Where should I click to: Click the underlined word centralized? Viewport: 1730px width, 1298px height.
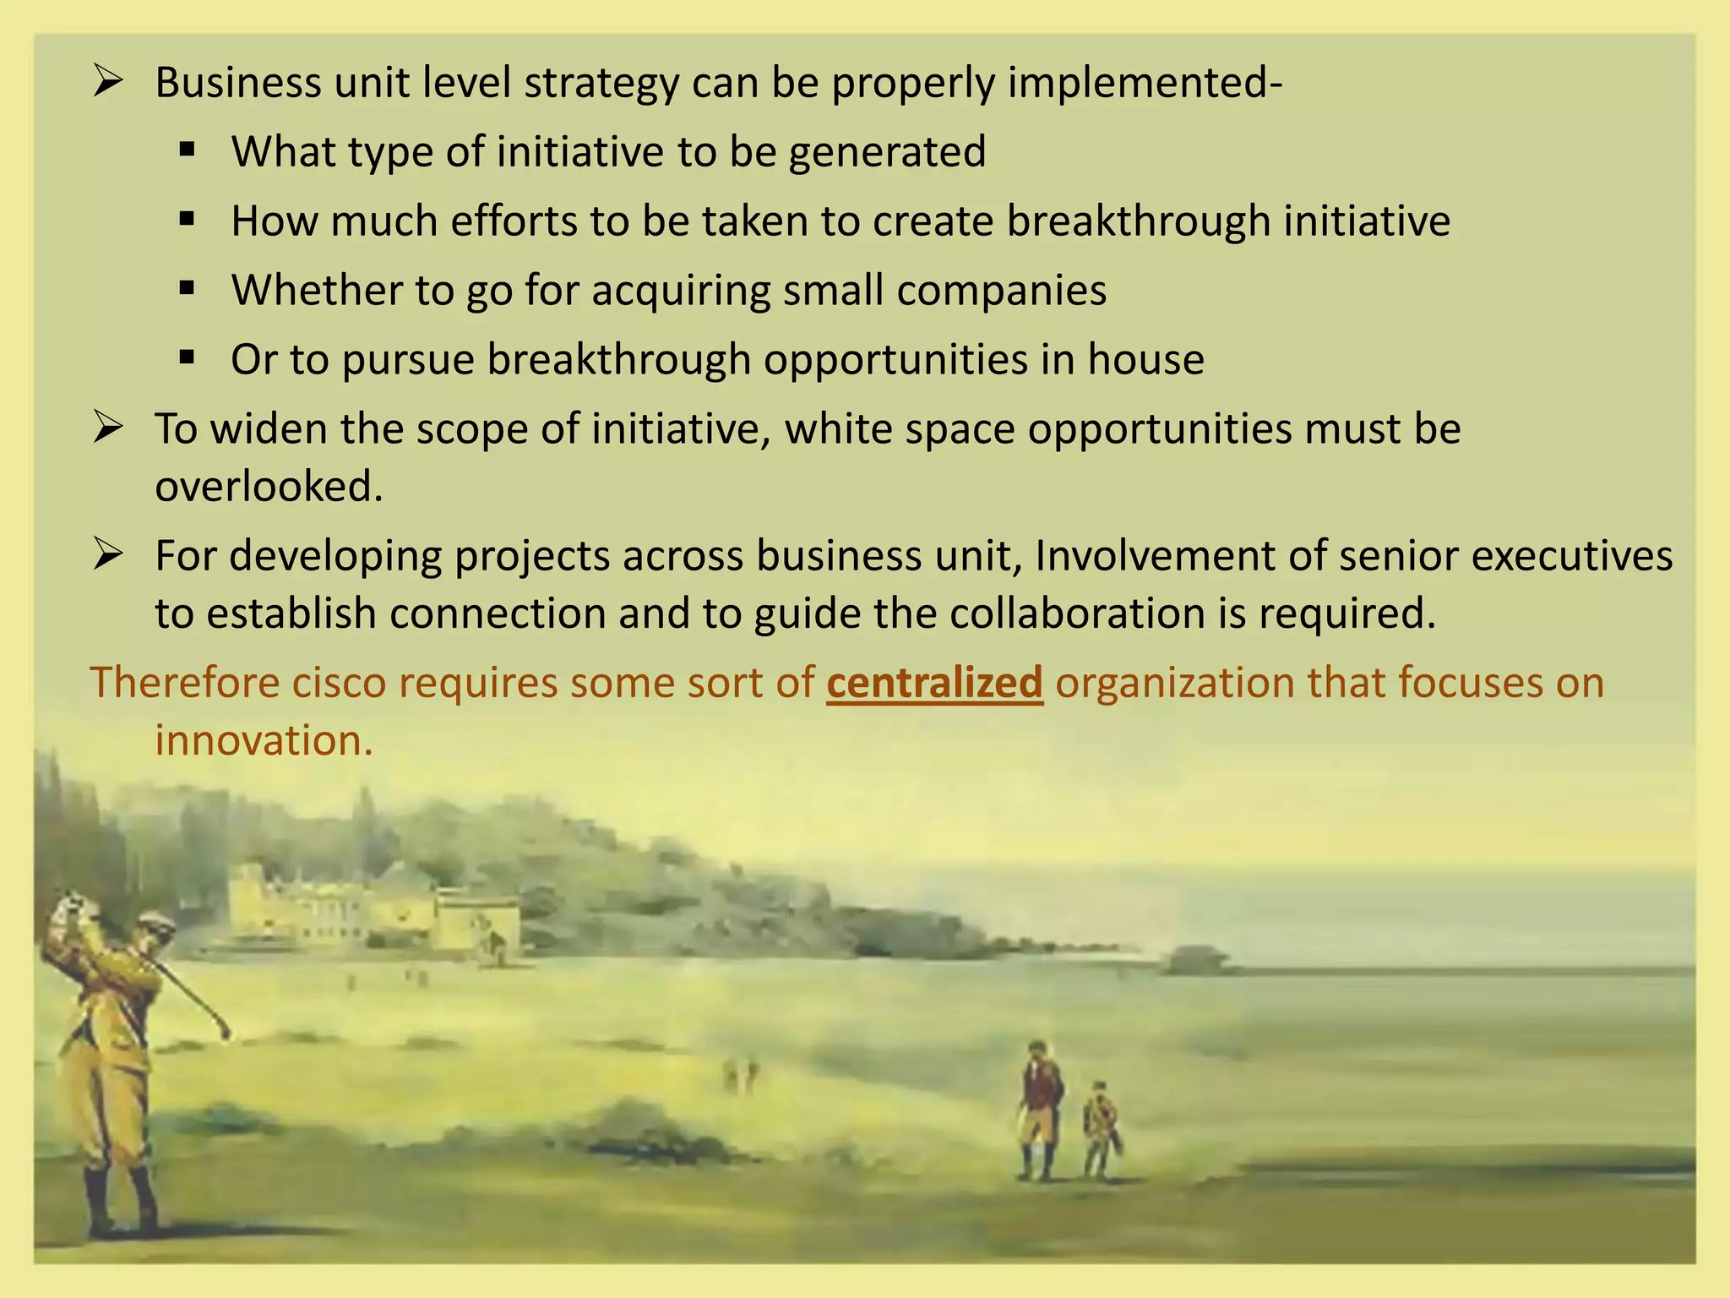934,683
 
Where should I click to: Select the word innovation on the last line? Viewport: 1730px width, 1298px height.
264,740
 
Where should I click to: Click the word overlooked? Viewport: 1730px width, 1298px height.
269,487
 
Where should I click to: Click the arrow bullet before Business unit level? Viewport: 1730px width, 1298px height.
108,82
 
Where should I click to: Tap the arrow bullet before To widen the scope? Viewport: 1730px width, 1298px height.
108,428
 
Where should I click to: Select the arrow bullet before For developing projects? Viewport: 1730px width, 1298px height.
108,555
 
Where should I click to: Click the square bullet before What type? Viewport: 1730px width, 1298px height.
188,151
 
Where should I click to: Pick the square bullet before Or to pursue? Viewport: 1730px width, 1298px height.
188,358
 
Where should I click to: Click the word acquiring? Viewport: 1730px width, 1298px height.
681,290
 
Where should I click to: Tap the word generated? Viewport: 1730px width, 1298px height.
887,152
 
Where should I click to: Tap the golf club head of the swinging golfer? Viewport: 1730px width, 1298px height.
226,1032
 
